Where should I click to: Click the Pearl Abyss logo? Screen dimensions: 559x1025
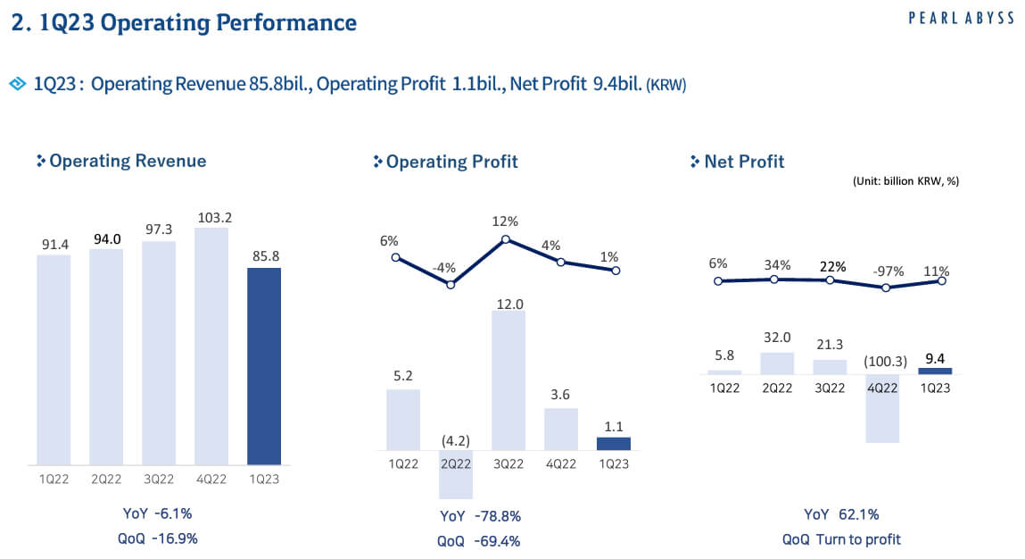click(961, 18)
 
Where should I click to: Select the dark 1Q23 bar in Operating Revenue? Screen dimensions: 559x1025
click(264, 366)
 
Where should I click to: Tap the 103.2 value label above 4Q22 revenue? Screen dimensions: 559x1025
click(211, 217)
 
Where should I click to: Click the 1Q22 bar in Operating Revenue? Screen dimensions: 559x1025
click(54, 359)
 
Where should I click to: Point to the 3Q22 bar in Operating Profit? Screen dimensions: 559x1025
click(508, 380)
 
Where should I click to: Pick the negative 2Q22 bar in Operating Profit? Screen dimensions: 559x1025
click(455, 474)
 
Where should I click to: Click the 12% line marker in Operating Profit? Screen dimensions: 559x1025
click(506, 239)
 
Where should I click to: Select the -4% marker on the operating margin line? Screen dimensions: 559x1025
click(451, 285)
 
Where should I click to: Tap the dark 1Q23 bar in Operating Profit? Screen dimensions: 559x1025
click(613, 444)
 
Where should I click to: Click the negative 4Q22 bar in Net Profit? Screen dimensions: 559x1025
click(883, 408)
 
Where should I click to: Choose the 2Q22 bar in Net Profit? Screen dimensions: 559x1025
click(776, 363)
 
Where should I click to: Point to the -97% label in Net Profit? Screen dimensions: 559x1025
click(883, 271)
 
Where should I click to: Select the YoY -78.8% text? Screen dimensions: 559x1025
click(480, 516)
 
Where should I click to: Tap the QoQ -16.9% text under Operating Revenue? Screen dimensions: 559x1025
click(159, 538)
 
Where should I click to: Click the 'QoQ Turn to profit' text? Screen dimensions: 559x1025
click(841, 539)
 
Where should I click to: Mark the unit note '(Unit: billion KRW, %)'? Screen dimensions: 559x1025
click(905, 181)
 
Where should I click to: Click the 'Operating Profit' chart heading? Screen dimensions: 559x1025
click(451, 162)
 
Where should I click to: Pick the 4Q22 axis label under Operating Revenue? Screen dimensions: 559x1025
click(211, 478)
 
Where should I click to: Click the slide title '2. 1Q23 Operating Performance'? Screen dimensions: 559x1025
click(184, 23)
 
